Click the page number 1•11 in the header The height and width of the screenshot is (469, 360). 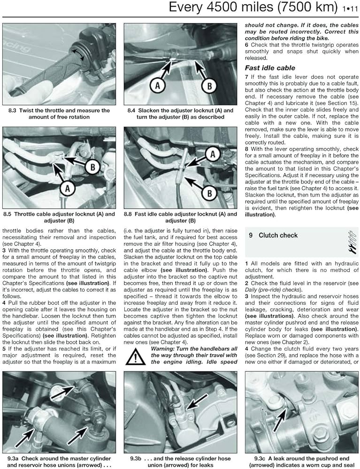(x=350, y=8)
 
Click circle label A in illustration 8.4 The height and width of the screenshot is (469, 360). (x=158, y=86)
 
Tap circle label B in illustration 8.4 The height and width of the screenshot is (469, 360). (x=209, y=86)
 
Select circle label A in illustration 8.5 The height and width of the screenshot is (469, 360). (x=68, y=189)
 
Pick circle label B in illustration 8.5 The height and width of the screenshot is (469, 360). (x=92, y=167)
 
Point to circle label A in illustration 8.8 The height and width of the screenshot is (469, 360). (x=213, y=154)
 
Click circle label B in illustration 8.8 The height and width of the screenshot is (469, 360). (x=209, y=193)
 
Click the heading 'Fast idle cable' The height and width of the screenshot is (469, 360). (x=270, y=68)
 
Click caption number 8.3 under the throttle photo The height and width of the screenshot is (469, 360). (x=12, y=110)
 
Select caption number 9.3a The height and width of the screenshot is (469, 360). (x=13, y=459)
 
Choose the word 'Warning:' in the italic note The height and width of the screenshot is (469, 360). (x=162, y=349)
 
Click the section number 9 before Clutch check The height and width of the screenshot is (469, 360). (x=251, y=235)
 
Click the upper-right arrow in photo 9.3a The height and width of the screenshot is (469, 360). (x=62, y=393)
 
